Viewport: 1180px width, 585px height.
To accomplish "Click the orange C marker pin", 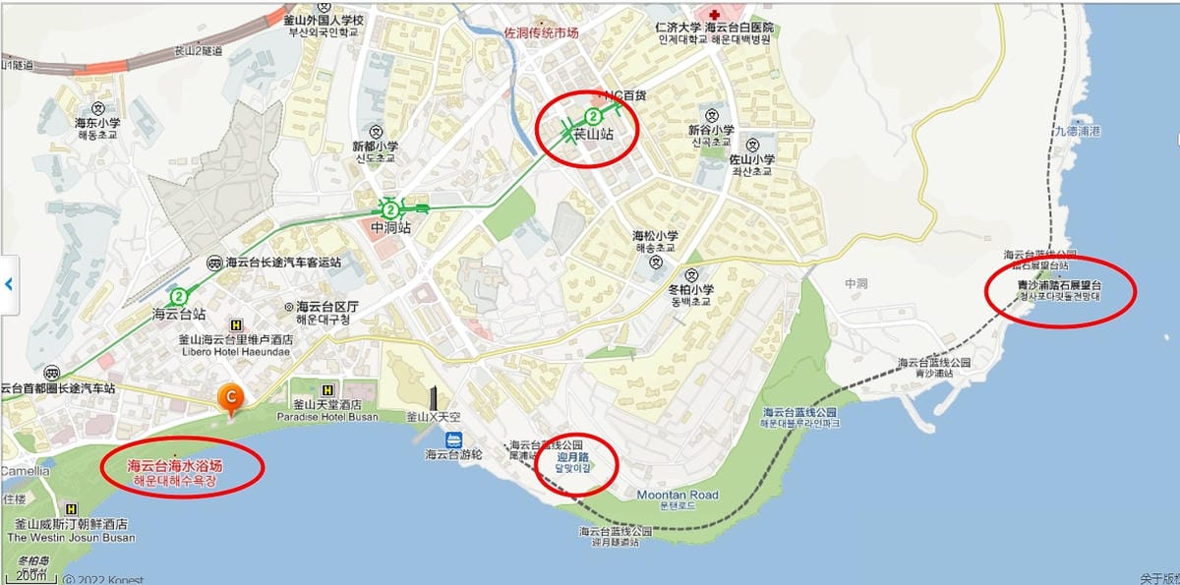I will (x=230, y=397).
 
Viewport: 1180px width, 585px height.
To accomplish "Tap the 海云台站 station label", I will (x=179, y=314).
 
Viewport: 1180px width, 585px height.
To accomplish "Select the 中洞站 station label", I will (x=390, y=228).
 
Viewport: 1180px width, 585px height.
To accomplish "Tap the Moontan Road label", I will (x=678, y=495).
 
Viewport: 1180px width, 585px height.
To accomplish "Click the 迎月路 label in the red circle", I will (x=573, y=458).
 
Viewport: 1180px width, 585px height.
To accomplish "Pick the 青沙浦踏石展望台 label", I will (x=1059, y=286).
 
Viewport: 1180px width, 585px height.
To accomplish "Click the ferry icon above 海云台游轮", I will (x=453, y=439).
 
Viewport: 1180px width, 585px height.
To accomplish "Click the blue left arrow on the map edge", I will (x=9, y=284).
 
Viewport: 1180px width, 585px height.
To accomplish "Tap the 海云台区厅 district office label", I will (x=326, y=306).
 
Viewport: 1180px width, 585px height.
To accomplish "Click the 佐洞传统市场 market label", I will (x=541, y=32).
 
